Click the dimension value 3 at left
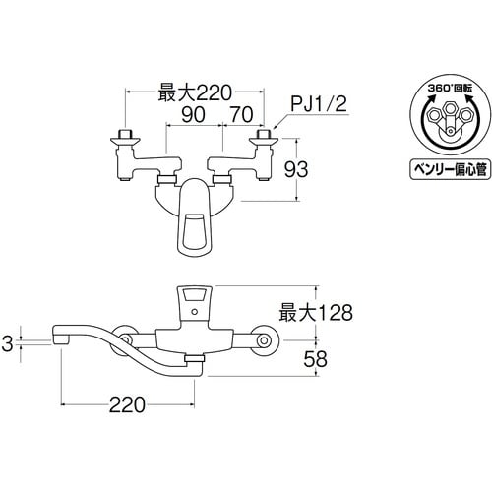coord(8,343)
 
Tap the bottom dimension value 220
coord(128,403)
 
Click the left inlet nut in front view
coord(126,136)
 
